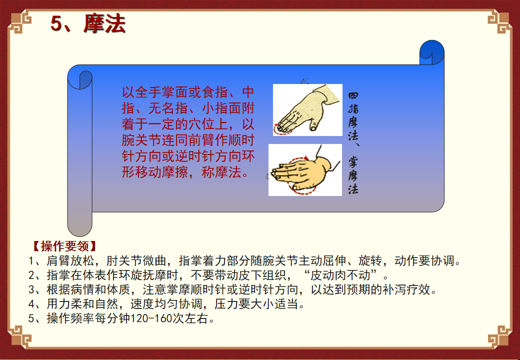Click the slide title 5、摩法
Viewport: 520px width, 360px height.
(x=88, y=24)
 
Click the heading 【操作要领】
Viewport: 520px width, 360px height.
(x=64, y=246)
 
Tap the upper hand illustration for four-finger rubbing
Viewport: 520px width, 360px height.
(x=307, y=110)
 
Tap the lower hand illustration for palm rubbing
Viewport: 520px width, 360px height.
(x=305, y=169)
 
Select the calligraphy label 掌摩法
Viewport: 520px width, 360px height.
(x=353, y=175)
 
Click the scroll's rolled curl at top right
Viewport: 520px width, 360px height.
(x=432, y=52)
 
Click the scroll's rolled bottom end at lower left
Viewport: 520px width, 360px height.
(x=79, y=224)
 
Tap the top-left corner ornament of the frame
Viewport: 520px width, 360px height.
(x=20, y=22)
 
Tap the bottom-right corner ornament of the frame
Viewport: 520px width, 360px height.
(x=499, y=337)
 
